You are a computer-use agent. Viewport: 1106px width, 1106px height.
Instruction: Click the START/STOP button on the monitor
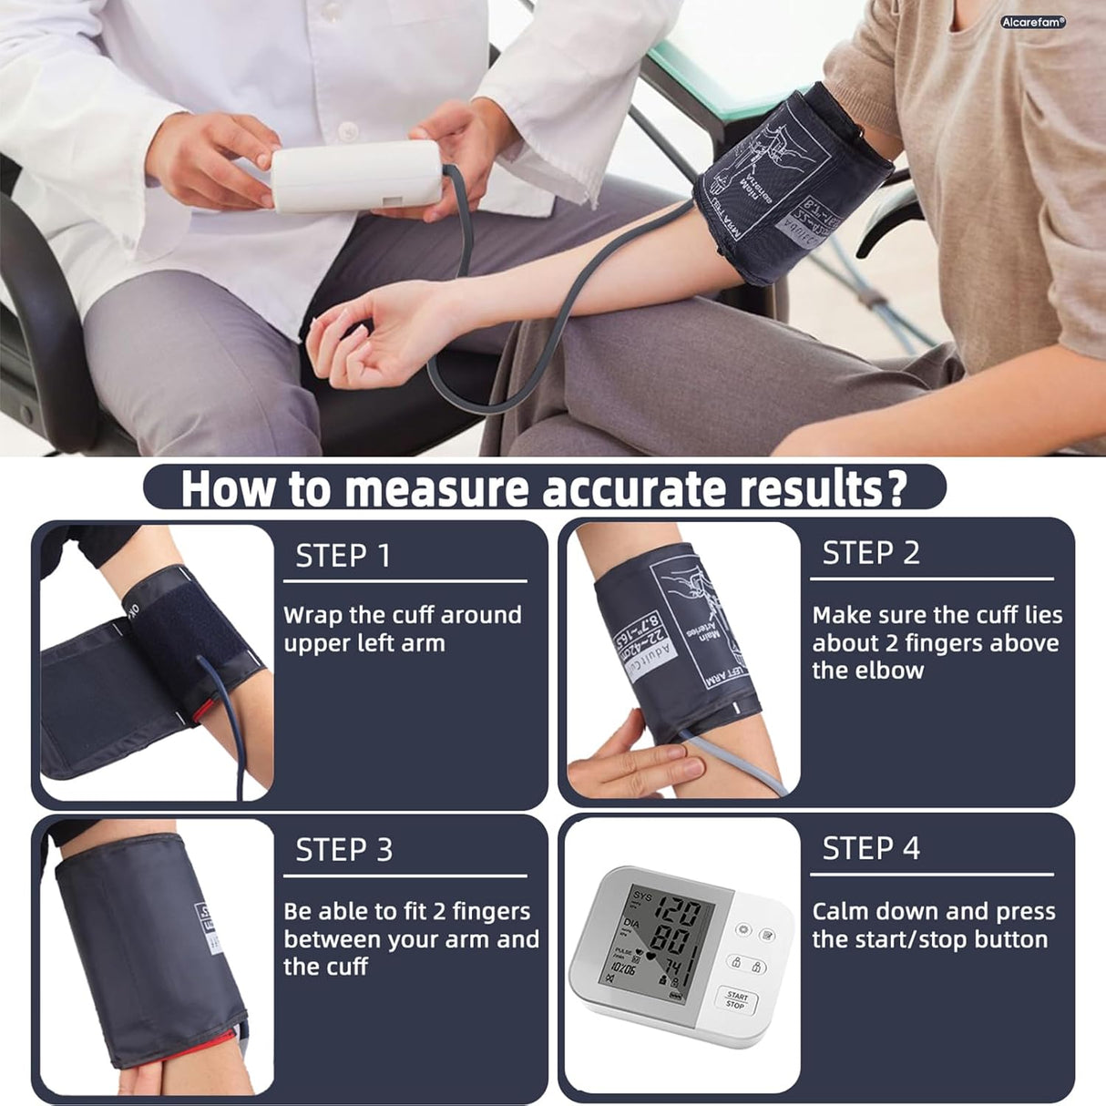click(x=736, y=999)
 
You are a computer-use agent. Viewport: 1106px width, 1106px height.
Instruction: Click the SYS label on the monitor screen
click(x=642, y=896)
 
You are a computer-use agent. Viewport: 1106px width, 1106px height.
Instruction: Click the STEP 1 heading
click(x=343, y=555)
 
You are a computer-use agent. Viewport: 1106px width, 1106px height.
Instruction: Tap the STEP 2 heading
click(x=870, y=553)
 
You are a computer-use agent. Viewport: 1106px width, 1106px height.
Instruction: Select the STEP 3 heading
click(x=343, y=850)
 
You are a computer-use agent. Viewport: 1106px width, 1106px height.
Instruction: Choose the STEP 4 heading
click(x=870, y=848)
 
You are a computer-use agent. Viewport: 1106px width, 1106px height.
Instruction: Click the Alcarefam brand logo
click(x=1032, y=22)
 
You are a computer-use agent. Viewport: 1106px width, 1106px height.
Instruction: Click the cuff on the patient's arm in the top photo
click(x=788, y=182)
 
